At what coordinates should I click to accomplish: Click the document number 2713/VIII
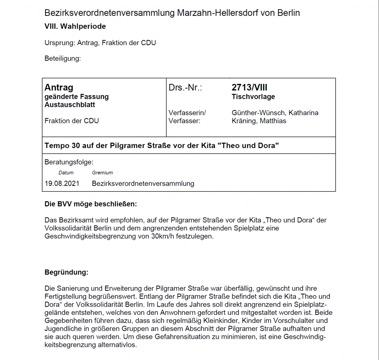pyautogui.click(x=249, y=88)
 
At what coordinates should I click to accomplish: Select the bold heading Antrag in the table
pyautogui.click(x=59, y=88)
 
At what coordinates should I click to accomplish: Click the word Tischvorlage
pyautogui.click(x=253, y=97)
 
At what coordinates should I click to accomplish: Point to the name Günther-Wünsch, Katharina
pyautogui.click(x=275, y=113)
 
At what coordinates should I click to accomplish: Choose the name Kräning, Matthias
pyautogui.click(x=259, y=121)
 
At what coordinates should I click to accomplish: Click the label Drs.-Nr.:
pyautogui.click(x=185, y=88)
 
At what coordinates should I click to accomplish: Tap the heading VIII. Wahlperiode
pyautogui.click(x=75, y=27)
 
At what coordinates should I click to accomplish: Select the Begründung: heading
pyautogui.click(x=66, y=273)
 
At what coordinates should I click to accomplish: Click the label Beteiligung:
pyautogui.click(x=63, y=58)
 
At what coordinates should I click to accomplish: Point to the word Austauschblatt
pyautogui.click(x=70, y=105)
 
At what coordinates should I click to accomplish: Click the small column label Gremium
pyautogui.click(x=102, y=173)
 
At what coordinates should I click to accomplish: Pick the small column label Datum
pyautogui.click(x=66, y=173)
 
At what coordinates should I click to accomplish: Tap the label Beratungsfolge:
pyautogui.click(x=69, y=162)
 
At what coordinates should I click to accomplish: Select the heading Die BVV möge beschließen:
pyautogui.click(x=91, y=204)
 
